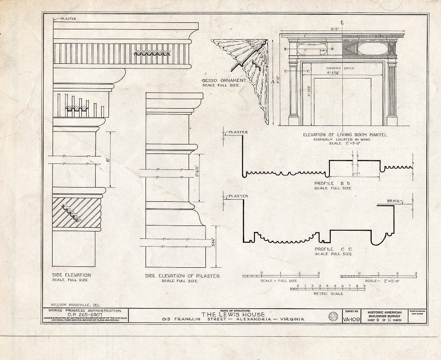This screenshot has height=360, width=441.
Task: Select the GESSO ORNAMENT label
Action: [224, 80]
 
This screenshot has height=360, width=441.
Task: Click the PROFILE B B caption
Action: [332, 183]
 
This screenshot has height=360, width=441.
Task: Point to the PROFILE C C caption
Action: [332, 249]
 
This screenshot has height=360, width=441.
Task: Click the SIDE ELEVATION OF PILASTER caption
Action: [182, 276]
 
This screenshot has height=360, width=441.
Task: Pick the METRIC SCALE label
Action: [328, 294]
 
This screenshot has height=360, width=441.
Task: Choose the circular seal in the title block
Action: [333, 316]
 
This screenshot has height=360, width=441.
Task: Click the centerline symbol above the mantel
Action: [341, 22]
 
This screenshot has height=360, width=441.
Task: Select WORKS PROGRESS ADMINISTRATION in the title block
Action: [85, 310]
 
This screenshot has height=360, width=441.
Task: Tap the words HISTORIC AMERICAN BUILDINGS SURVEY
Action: [384, 314]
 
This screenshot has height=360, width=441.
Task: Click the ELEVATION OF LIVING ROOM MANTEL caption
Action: [345, 135]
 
